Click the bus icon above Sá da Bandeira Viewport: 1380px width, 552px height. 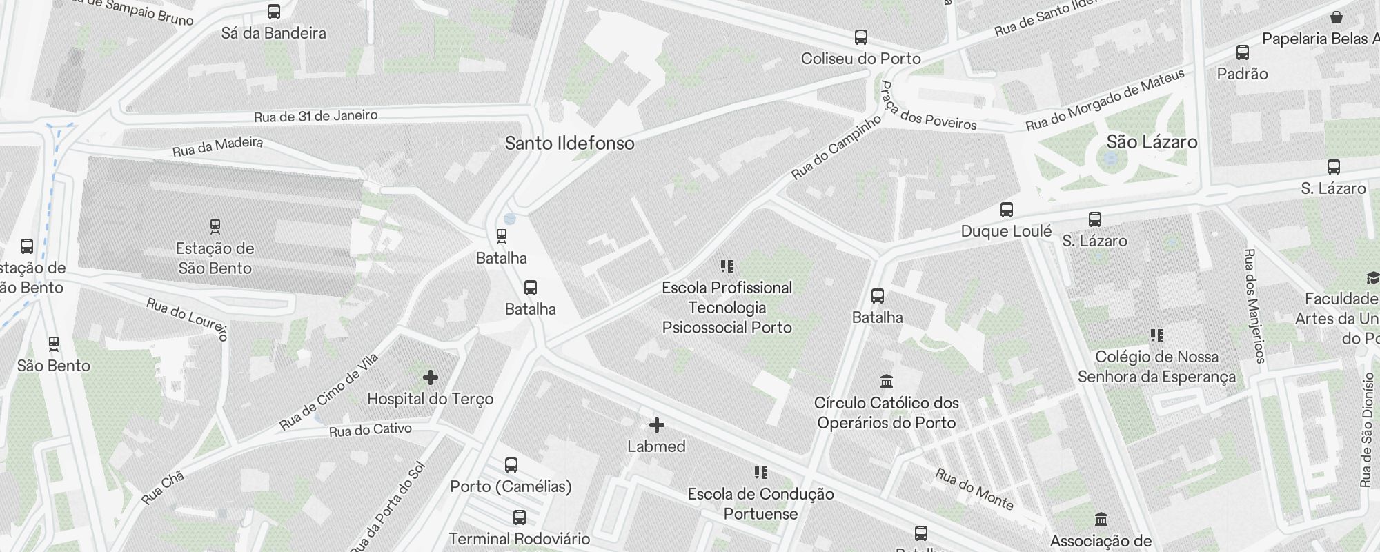tap(274, 12)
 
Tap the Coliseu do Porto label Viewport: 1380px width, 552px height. tap(860, 59)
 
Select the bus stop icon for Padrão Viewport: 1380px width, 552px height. tap(1243, 52)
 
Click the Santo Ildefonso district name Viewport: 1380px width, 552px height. tap(569, 144)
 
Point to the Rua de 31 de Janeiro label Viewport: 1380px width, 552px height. tap(315, 116)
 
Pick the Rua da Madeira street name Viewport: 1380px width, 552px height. tap(217, 146)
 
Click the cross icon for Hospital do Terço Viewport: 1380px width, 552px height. tap(431, 377)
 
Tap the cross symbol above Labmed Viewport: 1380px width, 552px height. tap(657, 425)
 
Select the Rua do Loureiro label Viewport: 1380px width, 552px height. tap(187, 319)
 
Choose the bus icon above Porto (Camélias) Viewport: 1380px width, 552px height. tap(511, 465)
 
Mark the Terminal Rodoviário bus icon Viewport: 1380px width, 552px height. tap(520, 517)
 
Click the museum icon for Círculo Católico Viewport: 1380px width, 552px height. tap(887, 381)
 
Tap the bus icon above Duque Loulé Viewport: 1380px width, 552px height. tap(1007, 210)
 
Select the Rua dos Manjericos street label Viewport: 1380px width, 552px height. tap(1254, 306)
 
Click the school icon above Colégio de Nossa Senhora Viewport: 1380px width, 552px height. tap(1157, 335)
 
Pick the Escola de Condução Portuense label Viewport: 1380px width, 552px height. tap(760, 504)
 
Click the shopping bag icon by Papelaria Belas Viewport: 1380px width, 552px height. tap(1337, 17)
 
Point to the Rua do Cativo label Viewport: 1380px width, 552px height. tap(370, 430)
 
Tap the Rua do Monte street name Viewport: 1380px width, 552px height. tap(974, 489)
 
